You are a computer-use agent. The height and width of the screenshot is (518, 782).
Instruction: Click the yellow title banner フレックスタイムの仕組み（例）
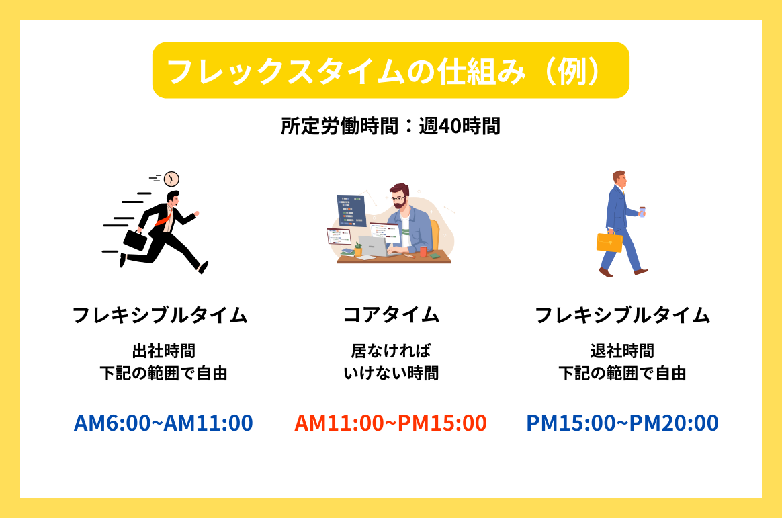click(x=390, y=71)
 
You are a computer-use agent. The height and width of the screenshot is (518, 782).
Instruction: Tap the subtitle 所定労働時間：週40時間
click(x=390, y=126)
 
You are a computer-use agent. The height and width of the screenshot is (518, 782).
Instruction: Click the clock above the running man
click(x=171, y=179)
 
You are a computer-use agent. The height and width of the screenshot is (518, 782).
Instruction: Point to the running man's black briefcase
click(x=135, y=241)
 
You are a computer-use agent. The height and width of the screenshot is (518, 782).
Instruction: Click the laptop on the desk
click(x=375, y=247)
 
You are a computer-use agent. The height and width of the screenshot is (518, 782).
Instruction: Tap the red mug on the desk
click(x=423, y=251)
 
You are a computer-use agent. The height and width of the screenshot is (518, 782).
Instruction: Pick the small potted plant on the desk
click(x=357, y=249)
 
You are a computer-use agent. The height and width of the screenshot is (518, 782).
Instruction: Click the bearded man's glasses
click(x=399, y=198)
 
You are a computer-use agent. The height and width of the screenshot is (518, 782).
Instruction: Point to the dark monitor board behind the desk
click(x=351, y=210)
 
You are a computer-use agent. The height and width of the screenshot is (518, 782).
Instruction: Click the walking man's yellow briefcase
click(x=609, y=242)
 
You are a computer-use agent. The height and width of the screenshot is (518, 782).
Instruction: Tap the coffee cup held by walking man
click(x=642, y=212)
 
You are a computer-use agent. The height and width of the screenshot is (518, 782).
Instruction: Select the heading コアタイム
click(x=391, y=315)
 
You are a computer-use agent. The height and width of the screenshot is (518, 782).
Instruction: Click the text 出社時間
click(x=163, y=351)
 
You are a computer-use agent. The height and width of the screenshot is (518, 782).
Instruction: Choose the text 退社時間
click(x=622, y=351)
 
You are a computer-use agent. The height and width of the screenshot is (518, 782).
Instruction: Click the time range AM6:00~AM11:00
click(x=163, y=423)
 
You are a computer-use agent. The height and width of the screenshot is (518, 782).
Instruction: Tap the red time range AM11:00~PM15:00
click(x=390, y=423)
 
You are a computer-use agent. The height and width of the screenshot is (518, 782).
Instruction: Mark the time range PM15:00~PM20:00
click(x=622, y=423)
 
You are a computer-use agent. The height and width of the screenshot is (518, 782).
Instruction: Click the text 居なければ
click(x=391, y=351)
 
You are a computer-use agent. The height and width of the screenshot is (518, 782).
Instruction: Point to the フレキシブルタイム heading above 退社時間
click(x=622, y=315)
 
